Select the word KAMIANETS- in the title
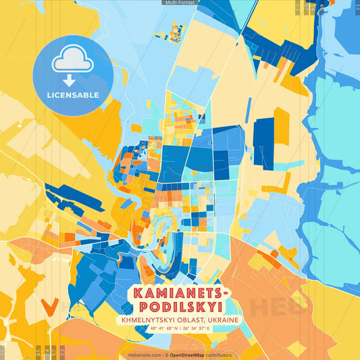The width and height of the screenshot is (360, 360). click(x=180, y=293)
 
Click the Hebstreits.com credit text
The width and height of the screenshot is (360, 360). click(x=145, y=355)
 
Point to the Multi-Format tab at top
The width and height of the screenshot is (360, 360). click(x=180, y=3)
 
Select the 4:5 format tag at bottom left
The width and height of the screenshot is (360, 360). click(x=38, y=351)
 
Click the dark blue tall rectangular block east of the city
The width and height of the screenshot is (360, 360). click(x=263, y=143)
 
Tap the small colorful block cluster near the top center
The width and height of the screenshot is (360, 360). click(x=178, y=30)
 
